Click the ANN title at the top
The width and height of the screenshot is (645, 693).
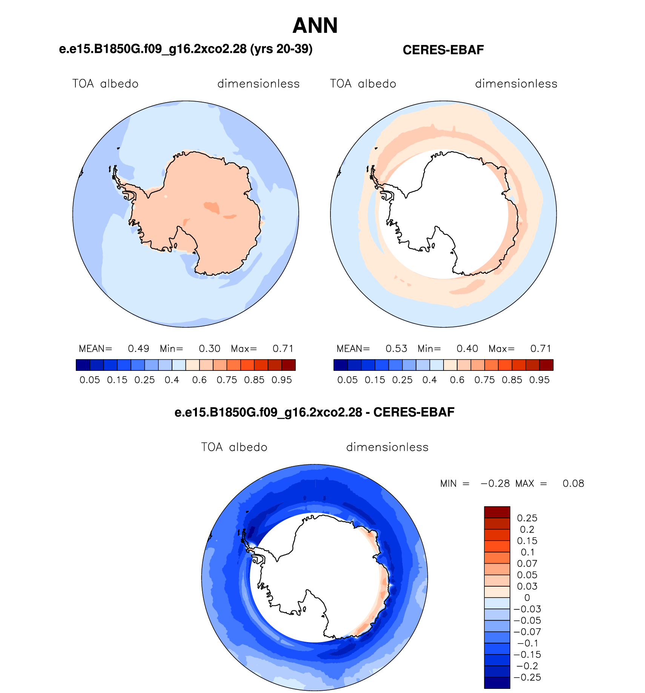(x=315, y=26)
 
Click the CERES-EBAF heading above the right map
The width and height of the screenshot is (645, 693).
(x=443, y=50)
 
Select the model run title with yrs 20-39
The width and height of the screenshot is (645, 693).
(x=186, y=49)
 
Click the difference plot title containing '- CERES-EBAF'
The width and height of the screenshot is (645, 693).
(x=314, y=412)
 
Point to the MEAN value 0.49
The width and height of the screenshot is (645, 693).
(x=138, y=349)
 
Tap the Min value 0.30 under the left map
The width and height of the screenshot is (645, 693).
(x=209, y=349)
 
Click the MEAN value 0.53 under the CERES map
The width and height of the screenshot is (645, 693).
(x=396, y=349)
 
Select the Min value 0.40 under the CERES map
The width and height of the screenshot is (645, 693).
(x=467, y=349)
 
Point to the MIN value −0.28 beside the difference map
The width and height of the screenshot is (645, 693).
(x=495, y=484)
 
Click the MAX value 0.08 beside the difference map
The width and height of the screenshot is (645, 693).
(x=573, y=484)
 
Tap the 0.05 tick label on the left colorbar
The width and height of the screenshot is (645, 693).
(x=90, y=380)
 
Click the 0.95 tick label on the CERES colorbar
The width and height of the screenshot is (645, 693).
(x=539, y=380)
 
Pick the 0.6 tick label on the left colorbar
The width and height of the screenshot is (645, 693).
(x=199, y=380)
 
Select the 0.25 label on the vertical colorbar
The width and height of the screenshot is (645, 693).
(x=527, y=518)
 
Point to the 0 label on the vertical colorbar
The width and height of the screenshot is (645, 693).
(x=527, y=598)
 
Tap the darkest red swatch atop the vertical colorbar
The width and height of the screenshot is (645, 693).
(x=497, y=512)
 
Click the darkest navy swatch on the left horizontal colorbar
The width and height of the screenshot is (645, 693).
(x=83, y=365)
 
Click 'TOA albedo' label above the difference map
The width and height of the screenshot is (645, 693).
(x=234, y=447)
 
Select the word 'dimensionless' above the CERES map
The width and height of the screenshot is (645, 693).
(x=516, y=84)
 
